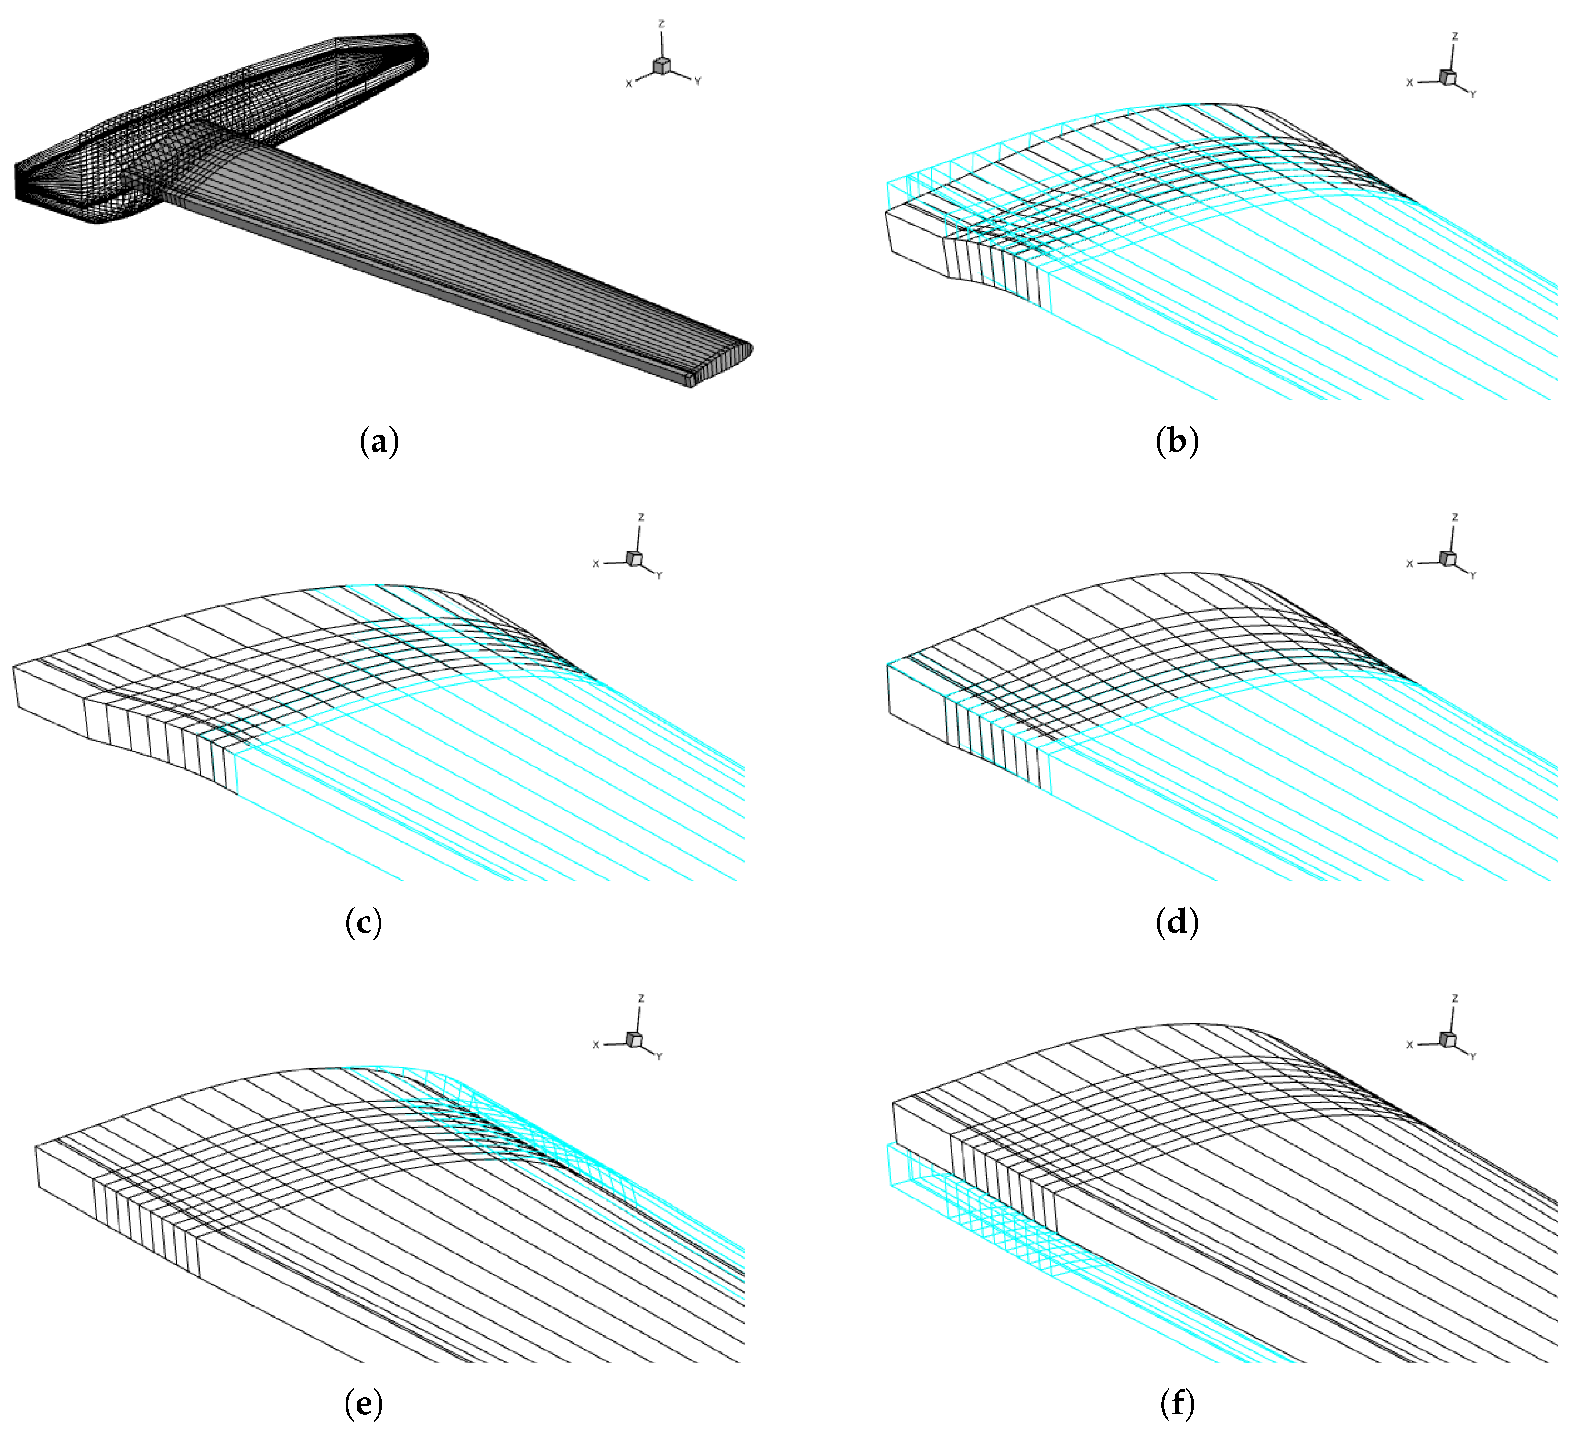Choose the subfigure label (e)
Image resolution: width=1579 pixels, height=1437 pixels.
(x=363, y=1404)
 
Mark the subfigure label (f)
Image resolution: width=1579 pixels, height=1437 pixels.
(x=1177, y=1404)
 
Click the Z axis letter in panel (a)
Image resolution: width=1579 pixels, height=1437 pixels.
(x=661, y=24)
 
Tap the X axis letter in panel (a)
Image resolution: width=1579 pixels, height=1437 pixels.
(x=628, y=84)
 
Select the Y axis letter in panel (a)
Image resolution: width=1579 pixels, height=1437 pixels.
(x=698, y=81)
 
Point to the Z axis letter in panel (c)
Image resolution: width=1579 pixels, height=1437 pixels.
(x=641, y=518)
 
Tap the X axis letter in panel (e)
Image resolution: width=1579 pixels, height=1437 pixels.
(x=596, y=1045)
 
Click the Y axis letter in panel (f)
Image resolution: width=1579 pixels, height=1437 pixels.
(x=1473, y=1057)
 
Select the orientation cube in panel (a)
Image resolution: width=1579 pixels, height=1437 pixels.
(x=662, y=66)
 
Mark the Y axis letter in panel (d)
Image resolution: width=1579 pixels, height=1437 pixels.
(x=1473, y=575)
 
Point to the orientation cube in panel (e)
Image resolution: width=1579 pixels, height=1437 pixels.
(x=634, y=1038)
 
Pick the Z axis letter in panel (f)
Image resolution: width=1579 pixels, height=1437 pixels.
(x=1455, y=998)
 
